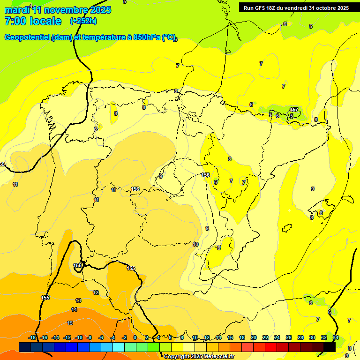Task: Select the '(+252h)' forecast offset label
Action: (x=83, y=21)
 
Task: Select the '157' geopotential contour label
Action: (x=294, y=110)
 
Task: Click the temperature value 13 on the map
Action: (x=78, y=300)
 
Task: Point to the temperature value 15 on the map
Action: (x=70, y=323)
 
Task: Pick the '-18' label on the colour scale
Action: (x=32, y=337)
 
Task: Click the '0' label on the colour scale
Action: (x=135, y=337)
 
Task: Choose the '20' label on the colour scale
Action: (x=254, y=337)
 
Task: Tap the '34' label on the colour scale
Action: (x=336, y=337)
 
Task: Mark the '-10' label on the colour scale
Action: (x=78, y=337)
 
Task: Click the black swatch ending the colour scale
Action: (x=330, y=347)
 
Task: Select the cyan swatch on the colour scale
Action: (x=119, y=347)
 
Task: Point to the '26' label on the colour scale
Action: (x=289, y=337)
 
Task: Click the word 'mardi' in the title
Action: (x=16, y=10)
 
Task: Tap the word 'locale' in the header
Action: (x=45, y=21)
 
